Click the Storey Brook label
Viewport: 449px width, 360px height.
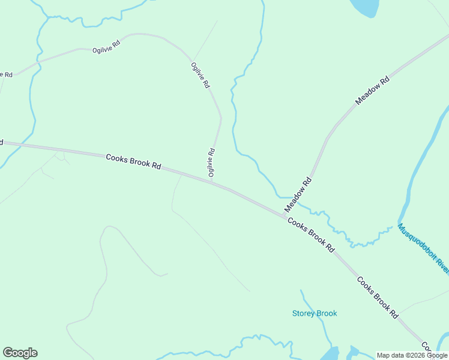pyautogui.click(x=315, y=313)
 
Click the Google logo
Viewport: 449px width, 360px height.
pyautogui.click(x=20, y=353)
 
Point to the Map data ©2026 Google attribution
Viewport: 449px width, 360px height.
pyautogui.click(x=412, y=355)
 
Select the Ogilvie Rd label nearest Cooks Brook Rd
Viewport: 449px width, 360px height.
pyautogui.click(x=211, y=163)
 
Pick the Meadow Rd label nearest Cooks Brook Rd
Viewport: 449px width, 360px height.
pyautogui.click(x=299, y=194)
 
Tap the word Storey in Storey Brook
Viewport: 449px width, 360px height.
pyautogui.click(x=304, y=313)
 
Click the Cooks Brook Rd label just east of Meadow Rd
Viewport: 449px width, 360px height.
pyautogui.click(x=310, y=234)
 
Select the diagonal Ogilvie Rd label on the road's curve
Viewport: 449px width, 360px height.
pyautogui.click(x=200, y=76)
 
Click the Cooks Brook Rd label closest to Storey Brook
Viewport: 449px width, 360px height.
pyautogui.click(x=377, y=296)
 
